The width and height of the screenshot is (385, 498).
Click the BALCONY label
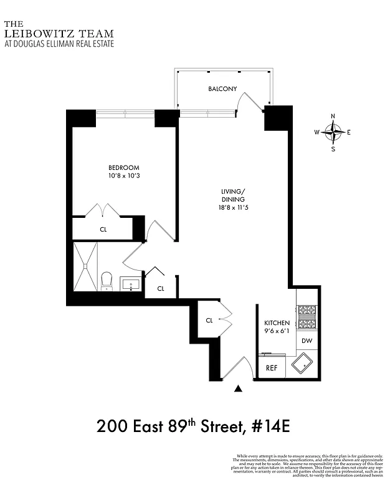[222, 89]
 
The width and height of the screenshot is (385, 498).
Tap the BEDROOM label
[124, 167]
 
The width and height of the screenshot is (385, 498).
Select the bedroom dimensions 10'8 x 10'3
[124, 177]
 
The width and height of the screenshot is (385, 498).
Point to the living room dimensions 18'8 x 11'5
[234, 207]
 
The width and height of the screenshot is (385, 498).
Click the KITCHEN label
[277, 322]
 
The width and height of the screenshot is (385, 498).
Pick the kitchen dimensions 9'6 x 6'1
[277, 332]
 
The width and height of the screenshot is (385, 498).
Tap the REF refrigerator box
[272, 367]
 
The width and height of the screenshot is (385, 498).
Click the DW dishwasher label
[307, 341]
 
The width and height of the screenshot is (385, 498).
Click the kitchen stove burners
[307, 316]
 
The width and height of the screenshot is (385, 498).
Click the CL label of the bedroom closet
[103, 229]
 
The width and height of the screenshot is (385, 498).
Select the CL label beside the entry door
[209, 320]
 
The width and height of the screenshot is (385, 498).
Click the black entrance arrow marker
[238, 389]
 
